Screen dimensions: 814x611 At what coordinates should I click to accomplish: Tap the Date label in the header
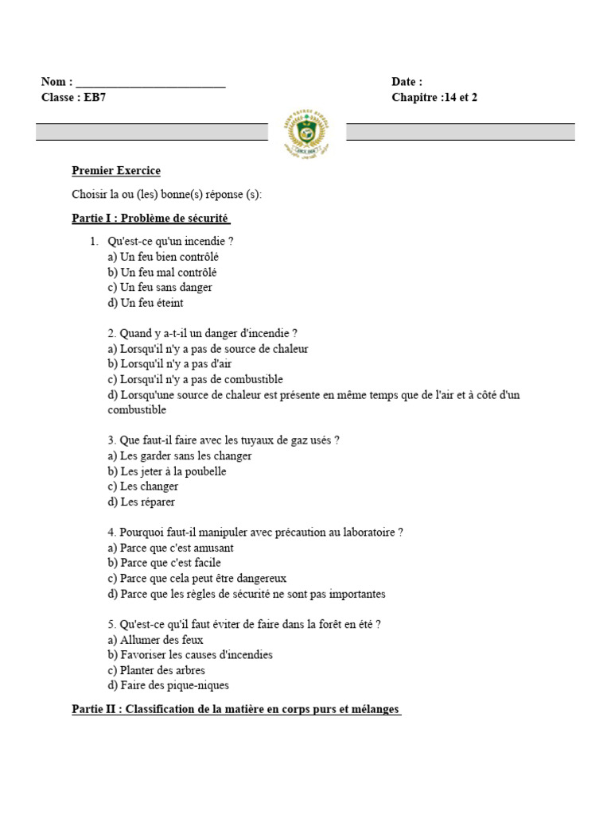pos(407,82)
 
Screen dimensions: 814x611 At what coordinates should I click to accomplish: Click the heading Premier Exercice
pos(116,171)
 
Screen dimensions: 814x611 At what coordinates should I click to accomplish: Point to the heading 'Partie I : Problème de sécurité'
pos(151,218)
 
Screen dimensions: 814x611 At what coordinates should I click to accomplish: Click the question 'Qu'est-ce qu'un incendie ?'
pos(171,241)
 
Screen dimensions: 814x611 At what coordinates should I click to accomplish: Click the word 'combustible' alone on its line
pos(137,410)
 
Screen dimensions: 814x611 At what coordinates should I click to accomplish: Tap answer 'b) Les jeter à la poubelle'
pos(167,471)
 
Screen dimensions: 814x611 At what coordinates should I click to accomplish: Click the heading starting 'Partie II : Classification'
pos(236,709)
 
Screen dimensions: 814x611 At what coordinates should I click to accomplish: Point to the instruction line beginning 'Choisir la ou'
pos(166,195)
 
